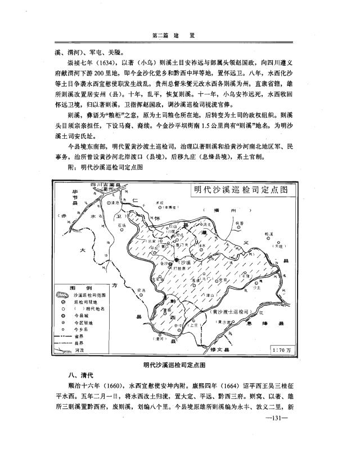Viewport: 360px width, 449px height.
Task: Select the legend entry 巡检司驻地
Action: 84,301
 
